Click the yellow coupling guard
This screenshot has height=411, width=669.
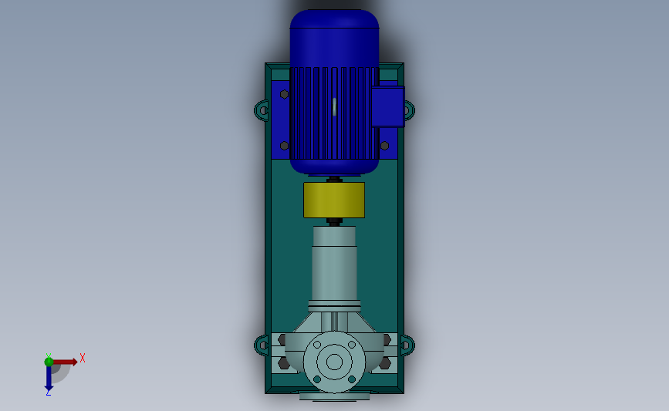pyautogui.click(x=334, y=200)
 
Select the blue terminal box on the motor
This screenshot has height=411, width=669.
pyautogui.click(x=387, y=107)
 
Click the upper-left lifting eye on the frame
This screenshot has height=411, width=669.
pyautogui.click(x=262, y=109)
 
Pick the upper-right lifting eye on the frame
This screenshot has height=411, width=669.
pyautogui.click(x=407, y=109)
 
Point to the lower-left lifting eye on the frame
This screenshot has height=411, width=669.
pyautogui.click(x=262, y=345)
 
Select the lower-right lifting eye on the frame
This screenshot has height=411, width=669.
pyautogui.click(x=407, y=345)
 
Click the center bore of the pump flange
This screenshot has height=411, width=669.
pyautogui.click(x=334, y=361)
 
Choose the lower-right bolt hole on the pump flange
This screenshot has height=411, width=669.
pyautogui.click(x=352, y=379)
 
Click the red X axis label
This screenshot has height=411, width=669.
pyautogui.click(x=83, y=358)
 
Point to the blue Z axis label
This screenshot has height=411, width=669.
pyautogui.click(x=48, y=392)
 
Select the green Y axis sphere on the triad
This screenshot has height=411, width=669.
pyautogui.click(x=49, y=361)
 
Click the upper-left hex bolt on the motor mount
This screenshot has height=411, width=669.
pyautogui.click(x=285, y=94)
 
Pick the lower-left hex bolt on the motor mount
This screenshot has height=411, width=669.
pyautogui.click(x=285, y=145)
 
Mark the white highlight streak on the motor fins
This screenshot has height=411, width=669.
pyautogui.click(x=335, y=106)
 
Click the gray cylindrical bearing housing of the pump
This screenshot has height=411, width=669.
pyautogui.click(x=334, y=266)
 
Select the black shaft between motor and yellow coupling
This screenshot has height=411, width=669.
pyautogui.click(x=334, y=180)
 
